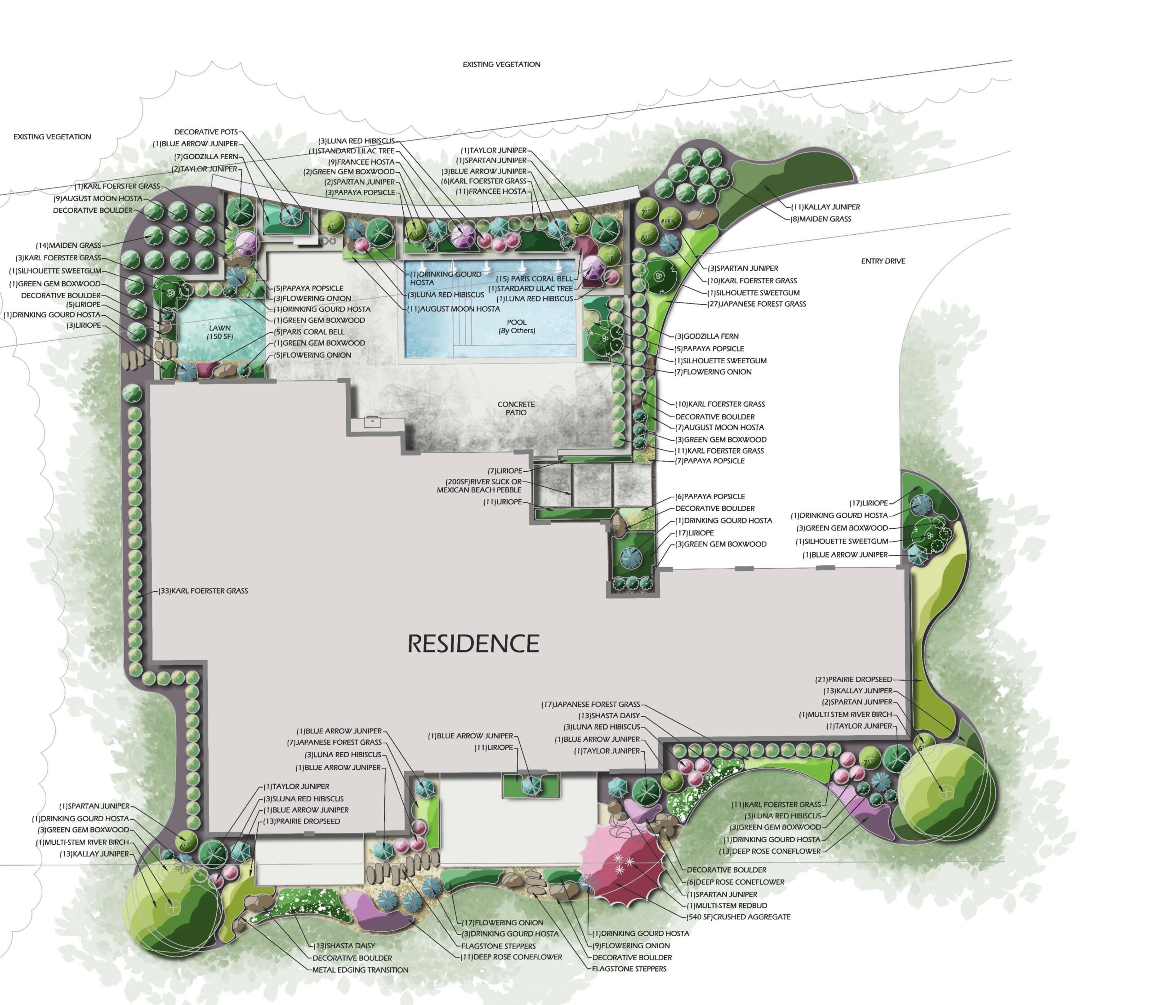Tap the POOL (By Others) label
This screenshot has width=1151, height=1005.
[x=516, y=326]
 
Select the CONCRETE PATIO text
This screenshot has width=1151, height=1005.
[x=516, y=408]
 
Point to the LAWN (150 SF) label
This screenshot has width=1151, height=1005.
[x=220, y=332]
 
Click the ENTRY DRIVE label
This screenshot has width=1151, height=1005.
[x=883, y=261]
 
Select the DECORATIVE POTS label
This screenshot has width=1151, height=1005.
[x=206, y=132]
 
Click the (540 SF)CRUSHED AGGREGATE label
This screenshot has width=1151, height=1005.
[x=738, y=916]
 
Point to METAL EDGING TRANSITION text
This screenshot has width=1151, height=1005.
[x=360, y=969]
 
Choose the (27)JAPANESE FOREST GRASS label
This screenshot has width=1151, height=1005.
[x=756, y=304]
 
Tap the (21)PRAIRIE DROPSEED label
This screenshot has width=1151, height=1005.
[x=853, y=679]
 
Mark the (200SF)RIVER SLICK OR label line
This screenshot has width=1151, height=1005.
[x=483, y=482]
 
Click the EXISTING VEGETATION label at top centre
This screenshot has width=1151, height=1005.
[x=501, y=64]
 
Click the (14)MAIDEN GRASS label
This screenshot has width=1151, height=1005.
[x=68, y=245]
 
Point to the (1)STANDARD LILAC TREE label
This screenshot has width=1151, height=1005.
[x=352, y=151]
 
